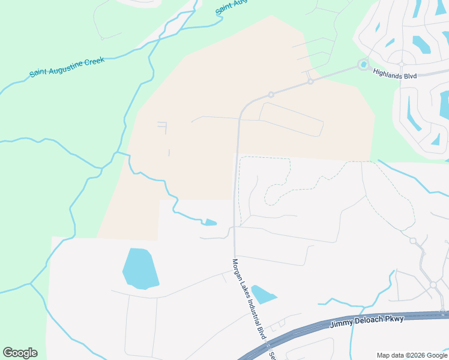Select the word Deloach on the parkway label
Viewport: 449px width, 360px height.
coord(371,321)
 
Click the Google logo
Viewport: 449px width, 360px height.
coord(20,353)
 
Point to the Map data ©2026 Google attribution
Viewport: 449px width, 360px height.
coord(411,355)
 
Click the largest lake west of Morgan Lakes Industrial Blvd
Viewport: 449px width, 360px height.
coord(140,268)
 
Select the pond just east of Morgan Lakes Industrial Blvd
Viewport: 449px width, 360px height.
coord(263,294)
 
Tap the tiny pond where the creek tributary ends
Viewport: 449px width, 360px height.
coord(209,223)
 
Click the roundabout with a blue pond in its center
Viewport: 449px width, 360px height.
coord(363,64)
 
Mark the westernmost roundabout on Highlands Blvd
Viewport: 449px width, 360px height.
coord(271,94)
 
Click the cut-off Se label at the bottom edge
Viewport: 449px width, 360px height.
coord(272,355)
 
